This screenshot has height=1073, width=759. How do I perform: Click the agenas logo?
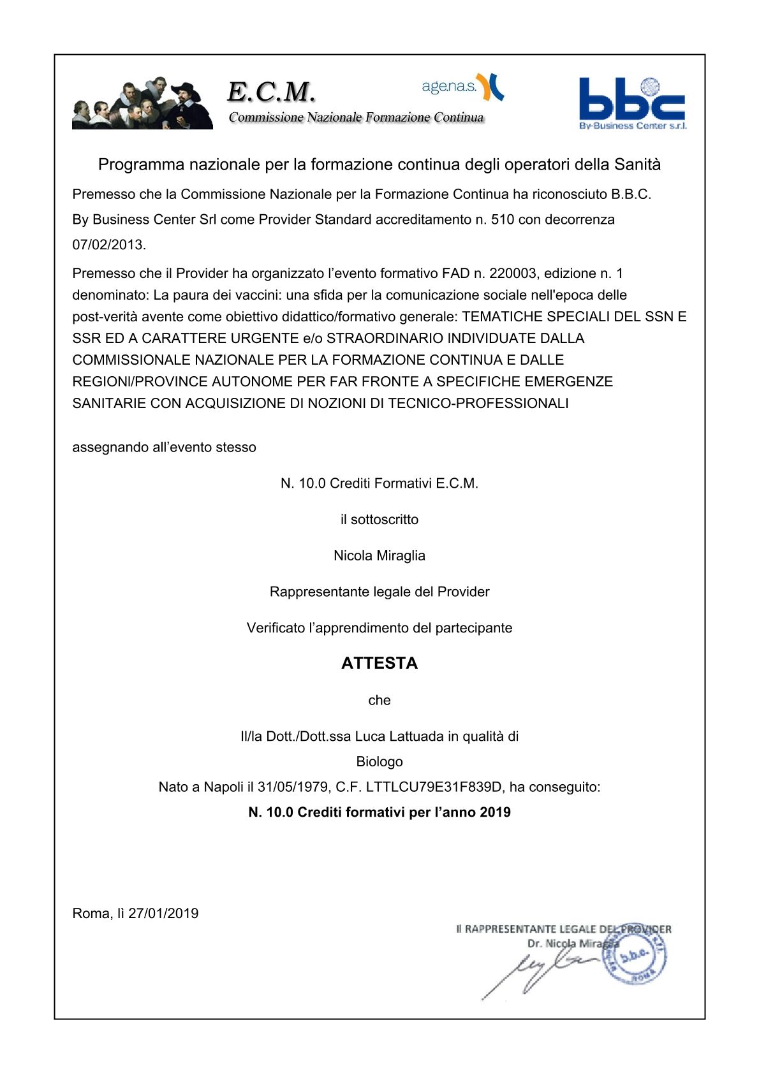point(462,87)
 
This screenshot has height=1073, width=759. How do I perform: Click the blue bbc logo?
point(631,102)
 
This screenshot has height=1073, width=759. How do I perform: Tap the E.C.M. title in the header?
point(271,92)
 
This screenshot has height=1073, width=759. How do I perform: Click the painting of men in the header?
point(142,104)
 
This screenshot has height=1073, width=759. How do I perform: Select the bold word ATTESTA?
point(379,664)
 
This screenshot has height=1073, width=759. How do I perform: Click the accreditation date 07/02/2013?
point(108,245)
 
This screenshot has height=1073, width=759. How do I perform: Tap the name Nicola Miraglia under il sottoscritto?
point(379,556)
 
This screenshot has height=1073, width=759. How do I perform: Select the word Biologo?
point(379,762)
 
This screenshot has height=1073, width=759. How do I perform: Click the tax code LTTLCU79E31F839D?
point(434,787)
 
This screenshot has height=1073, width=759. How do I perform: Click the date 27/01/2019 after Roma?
point(163,914)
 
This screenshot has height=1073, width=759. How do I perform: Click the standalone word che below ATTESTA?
point(379,701)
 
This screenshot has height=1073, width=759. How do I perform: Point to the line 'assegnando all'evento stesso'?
point(165,448)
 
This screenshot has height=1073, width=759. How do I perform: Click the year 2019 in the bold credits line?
point(496,813)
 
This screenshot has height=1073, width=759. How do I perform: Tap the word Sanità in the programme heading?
point(637,165)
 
